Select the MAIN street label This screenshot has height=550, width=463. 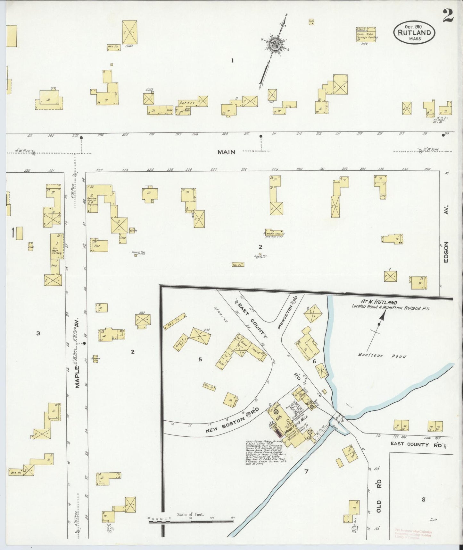pyautogui.click(x=226, y=152)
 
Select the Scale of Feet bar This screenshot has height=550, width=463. pyautogui.click(x=191, y=522)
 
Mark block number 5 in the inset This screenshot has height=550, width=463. pyautogui.click(x=200, y=359)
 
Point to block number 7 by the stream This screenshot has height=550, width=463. pyautogui.click(x=306, y=471)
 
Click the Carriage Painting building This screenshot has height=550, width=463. pyautogui.click(x=366, y=35)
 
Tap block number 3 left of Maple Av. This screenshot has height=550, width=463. pyautogui.click(x=38, y=333)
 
